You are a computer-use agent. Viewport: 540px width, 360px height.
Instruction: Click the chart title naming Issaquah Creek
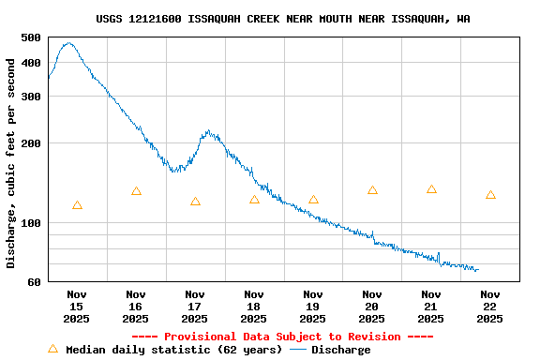pyautogui.click(x=283, y=19)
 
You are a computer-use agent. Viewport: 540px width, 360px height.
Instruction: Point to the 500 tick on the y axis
pyautogui.click(x=31, y=37)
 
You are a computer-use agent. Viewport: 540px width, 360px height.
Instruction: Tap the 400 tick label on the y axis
pyautogui.click(x=31, y=63)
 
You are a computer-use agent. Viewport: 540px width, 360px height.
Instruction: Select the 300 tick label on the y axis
pyautogui.click(x=31, y=96)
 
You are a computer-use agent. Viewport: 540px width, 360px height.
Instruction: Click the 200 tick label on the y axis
pyautogui.click(x=31, y=143)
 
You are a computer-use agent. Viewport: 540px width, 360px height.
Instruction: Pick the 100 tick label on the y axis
pyautogui.click(x=31, y=223)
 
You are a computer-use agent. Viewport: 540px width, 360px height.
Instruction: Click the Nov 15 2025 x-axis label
pyautogui.click(x=77, y=307)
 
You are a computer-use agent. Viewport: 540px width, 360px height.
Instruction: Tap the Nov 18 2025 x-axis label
pyautogui.click(x=254, y=307)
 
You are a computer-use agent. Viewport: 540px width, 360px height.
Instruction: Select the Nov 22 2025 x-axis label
pyautogui.click(x=490, y=307)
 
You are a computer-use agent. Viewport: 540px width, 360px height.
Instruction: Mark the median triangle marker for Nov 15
pyautogui.click(x=77, y=205)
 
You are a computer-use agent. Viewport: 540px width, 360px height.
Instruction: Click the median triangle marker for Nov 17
pyautogui.click(x=195, y=202)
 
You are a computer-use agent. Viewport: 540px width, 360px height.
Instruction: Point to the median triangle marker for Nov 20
pyautogui.click(x=372, y=190)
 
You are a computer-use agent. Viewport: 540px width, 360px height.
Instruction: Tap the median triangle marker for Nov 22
pyautogui.click(x=490, y=195)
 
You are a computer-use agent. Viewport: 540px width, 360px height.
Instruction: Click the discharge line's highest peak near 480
pyautogui.click(x=67, y=43)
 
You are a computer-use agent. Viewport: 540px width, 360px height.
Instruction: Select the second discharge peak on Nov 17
pyautogui.click(x=208, y=132)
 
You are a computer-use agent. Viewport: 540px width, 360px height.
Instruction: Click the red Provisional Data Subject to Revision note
pyautogui.click(x=282, y=337)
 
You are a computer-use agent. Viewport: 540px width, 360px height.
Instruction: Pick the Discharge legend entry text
pyautogui.click(x=340, y=350)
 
